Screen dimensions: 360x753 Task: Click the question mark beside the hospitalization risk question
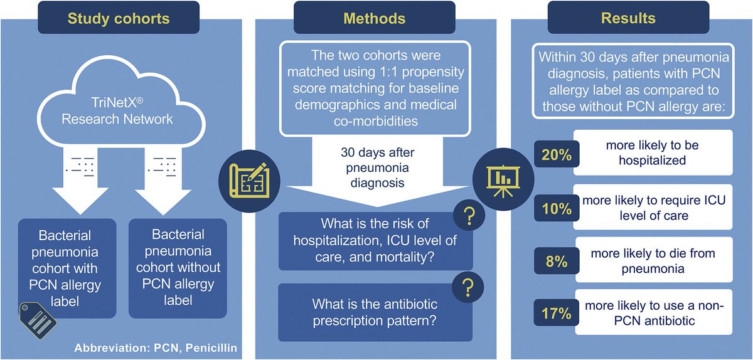tap(467, 218)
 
